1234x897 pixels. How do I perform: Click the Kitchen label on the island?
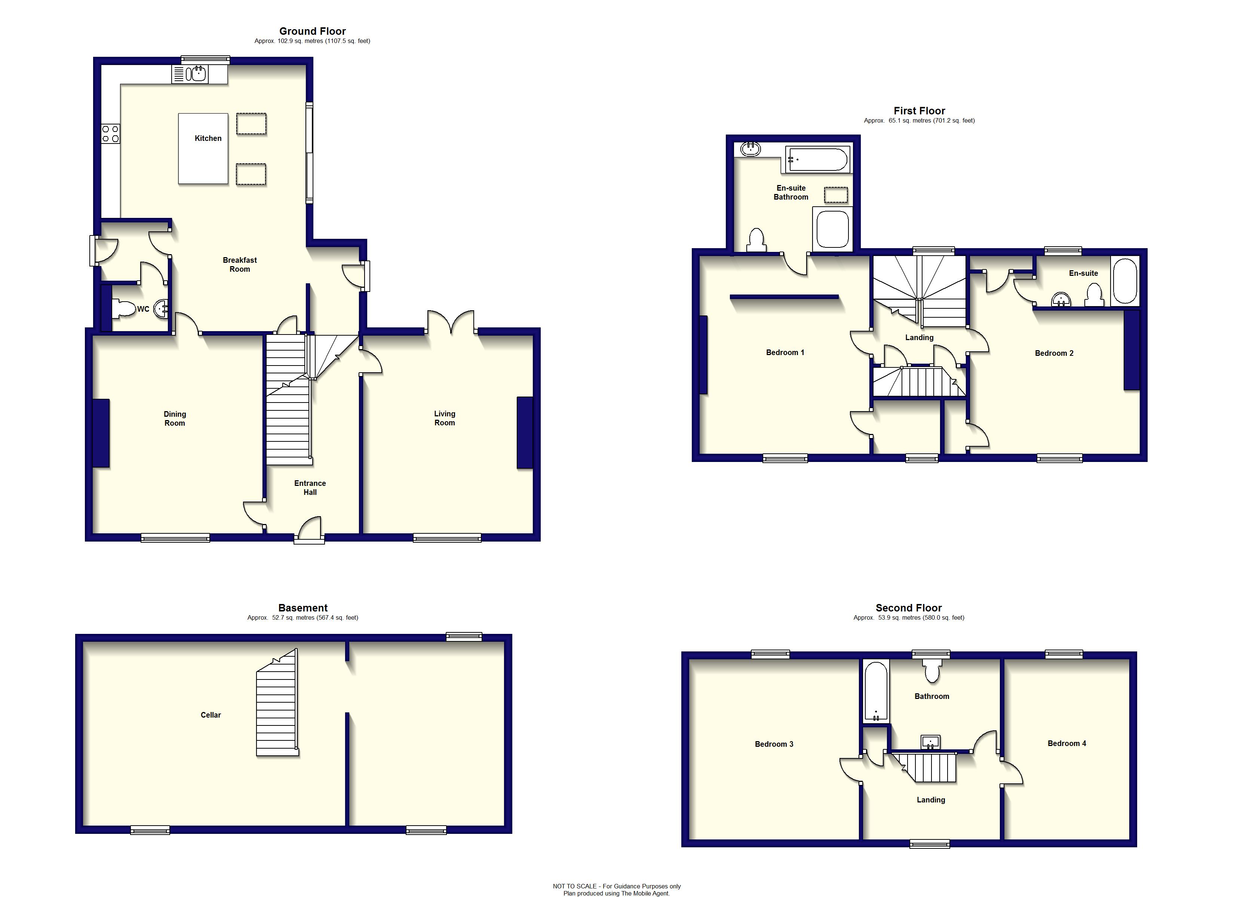208,138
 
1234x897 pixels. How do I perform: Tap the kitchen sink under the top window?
196,73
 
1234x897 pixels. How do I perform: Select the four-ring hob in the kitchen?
110,134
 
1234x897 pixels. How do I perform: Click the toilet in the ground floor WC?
124,309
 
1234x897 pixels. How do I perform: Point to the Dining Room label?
175,418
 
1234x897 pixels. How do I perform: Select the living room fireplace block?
525,432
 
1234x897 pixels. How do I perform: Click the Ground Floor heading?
312,31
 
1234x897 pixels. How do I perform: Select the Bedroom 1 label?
785,352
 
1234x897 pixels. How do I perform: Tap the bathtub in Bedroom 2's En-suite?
1125,281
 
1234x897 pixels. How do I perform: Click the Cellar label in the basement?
211,715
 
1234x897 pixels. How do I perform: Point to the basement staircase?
277,707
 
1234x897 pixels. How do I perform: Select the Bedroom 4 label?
1066,743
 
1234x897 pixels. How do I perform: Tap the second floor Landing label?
930,799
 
